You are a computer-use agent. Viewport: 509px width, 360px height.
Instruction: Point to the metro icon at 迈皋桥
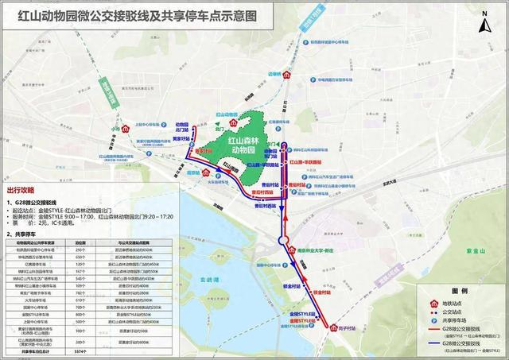point(287,75)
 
